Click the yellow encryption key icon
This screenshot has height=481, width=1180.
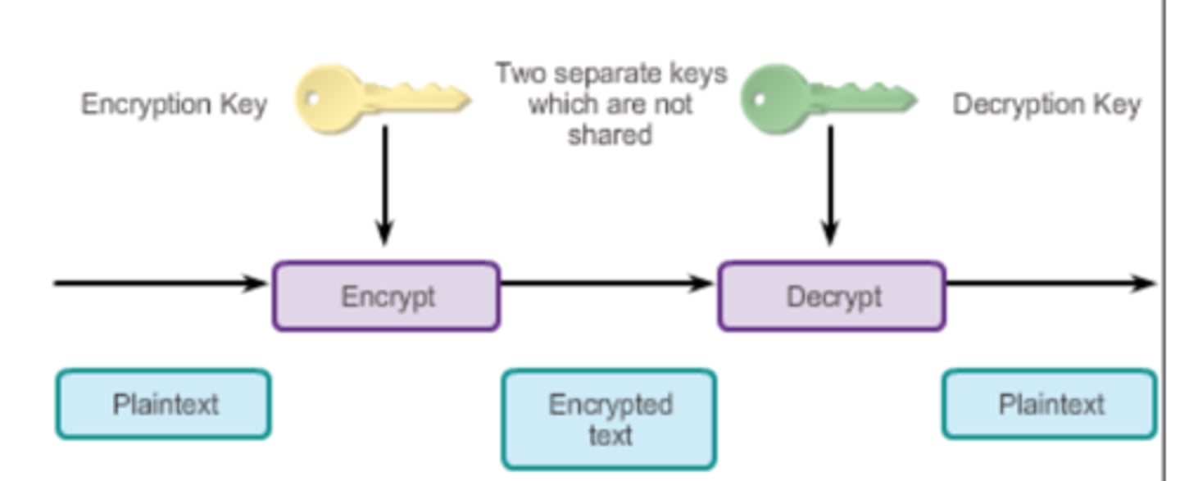(381, 99)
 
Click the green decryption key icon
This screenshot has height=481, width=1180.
(827, 99)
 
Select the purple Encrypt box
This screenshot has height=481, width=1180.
(386, 296)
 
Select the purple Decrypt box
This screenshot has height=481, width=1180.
(832, 296)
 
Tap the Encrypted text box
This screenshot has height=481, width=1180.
(609, 419)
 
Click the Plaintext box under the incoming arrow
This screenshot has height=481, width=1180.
(163, 404)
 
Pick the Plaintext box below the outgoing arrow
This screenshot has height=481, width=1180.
(1050, 404)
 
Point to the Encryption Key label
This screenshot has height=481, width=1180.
(174, 105)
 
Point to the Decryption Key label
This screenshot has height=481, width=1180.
(1046, 105)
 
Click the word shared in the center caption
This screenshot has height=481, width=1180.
(610, 134)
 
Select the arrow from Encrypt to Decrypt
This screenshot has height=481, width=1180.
(606, 284)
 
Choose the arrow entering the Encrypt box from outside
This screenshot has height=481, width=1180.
(160, 284)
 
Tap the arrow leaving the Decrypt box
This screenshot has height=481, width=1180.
(1049, 284)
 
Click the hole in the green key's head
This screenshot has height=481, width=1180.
(759, 99)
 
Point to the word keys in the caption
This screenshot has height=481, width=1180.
(697, 74)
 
